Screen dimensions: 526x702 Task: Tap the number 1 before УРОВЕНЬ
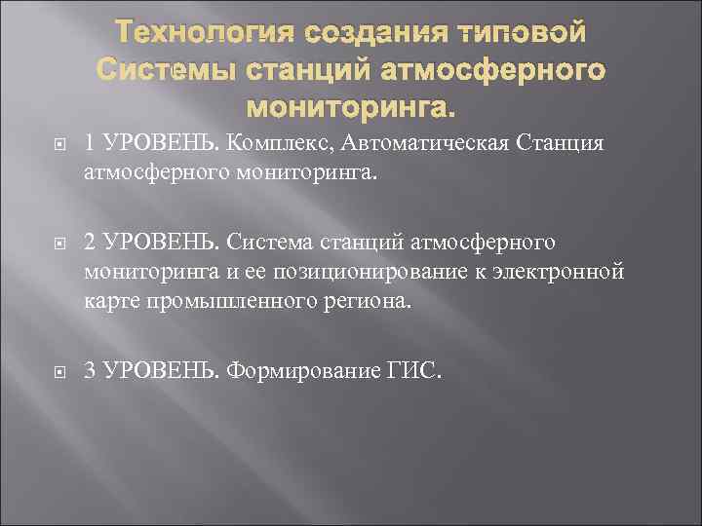point(90,144)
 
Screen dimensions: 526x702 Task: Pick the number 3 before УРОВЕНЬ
point(90,369)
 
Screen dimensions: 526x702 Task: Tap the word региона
point(360,303)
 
